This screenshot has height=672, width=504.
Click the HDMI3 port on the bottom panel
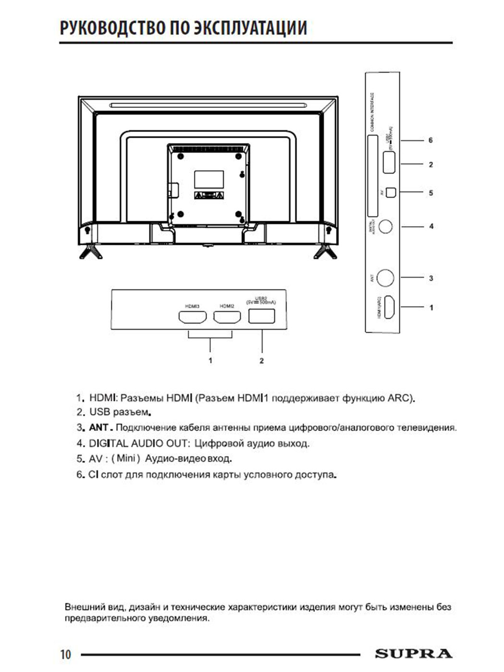click(192, 317)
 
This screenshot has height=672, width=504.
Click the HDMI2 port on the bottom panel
click(227, 317)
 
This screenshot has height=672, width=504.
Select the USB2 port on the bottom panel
click(262, 316)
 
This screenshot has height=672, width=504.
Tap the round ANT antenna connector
click(385, 277)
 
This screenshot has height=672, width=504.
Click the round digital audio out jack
click(385, 226)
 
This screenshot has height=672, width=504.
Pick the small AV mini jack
click(391, 192)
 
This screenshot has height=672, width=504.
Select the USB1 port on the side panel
click(389, 162)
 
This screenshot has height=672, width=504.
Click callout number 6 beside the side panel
click(431, 140)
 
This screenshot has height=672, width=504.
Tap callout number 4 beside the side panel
click(431, 226)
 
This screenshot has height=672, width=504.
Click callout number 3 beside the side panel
click(431, 278)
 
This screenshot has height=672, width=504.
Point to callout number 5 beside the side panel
click(431, 193)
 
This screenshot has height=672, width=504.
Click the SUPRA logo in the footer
click(413, 654)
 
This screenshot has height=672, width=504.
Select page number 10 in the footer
click(65, 654)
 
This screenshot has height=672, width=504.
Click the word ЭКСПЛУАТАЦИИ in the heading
click(250, 28)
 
